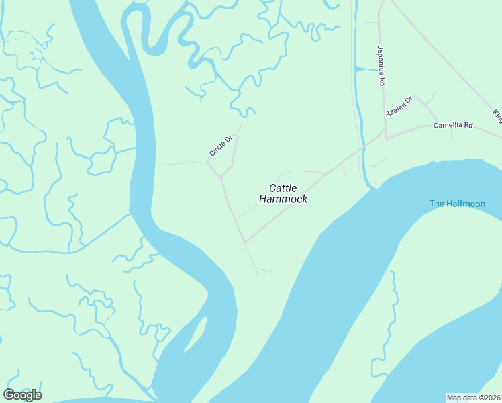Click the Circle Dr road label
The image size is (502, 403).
tap(220, 146)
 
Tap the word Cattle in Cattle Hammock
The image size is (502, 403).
tap(283, 188)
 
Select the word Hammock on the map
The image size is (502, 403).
tap(283, 199)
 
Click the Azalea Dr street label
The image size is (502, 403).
tap(398, 107)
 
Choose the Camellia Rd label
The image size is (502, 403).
tap(453, 125)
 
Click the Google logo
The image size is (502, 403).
tap(22, 394)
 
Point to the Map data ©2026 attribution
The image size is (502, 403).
tap(474, 398)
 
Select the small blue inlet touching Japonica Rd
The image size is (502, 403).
tap(366, 69)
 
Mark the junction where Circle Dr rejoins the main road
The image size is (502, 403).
tap(221, 177)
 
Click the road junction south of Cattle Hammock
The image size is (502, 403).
tap(245, 242)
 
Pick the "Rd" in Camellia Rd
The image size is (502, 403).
tap(468, 125)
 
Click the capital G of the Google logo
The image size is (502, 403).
tap(9, 394)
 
